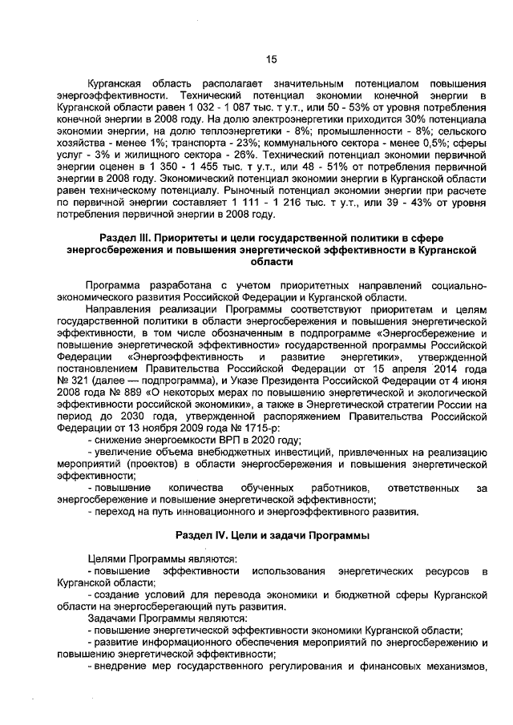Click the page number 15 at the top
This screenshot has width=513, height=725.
coord(270,58)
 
